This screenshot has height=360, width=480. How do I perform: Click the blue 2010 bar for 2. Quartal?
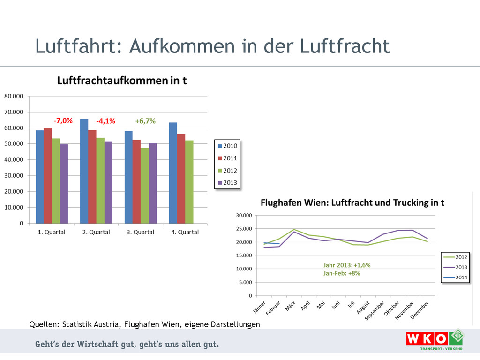84,171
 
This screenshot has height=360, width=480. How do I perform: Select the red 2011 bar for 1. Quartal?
48,176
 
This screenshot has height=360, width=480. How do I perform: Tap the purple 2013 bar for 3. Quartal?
152,183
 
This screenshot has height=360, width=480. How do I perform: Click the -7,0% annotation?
63,121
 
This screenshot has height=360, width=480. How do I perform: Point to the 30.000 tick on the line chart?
244,215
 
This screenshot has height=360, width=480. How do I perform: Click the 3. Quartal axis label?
140,232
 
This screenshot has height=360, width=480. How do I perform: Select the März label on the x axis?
291,306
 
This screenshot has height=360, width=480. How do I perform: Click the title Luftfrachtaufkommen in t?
122,81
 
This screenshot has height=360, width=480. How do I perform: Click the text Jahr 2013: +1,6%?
347,265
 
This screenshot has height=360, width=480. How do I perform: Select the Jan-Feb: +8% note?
342,273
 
